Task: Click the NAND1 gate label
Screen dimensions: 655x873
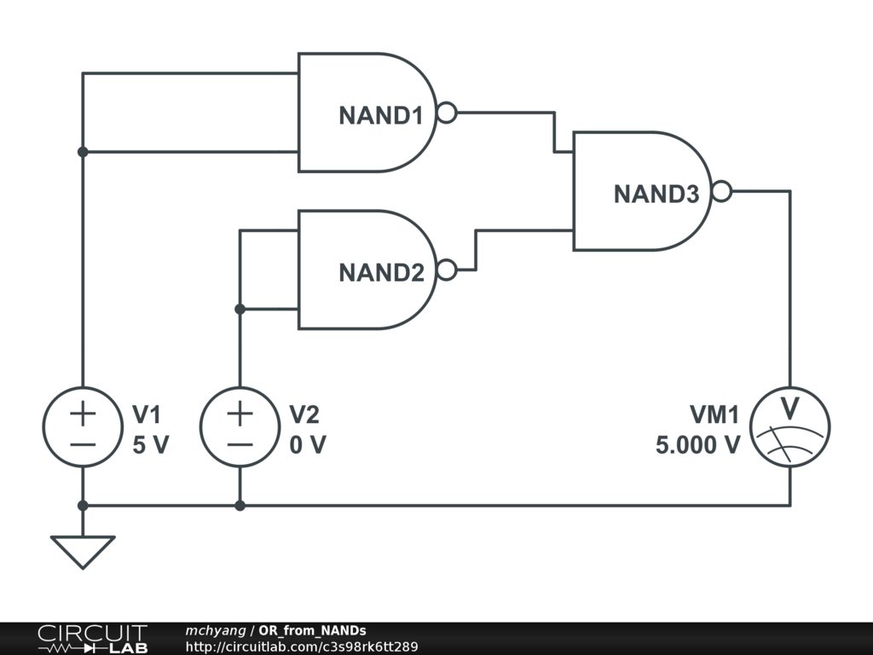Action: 381,116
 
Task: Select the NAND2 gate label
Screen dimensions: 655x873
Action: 381,273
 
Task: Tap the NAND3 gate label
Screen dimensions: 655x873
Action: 656,194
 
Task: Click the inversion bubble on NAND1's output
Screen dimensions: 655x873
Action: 447,113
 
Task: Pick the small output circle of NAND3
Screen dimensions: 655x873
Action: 721,192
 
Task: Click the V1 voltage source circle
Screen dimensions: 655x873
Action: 83,428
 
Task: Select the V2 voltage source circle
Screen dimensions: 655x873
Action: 240,428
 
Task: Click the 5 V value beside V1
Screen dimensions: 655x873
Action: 151,445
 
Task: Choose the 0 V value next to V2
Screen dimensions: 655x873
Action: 308,445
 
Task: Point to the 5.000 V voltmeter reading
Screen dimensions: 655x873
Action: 697,445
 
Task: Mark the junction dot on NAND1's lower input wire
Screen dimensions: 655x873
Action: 83,152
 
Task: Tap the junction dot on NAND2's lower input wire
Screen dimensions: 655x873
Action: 240,309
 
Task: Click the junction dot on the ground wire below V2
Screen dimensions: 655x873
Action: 240,506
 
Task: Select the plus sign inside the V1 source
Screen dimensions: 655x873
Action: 83,414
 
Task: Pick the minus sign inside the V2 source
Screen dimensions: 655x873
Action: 240,444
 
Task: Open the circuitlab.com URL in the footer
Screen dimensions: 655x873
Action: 302,646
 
